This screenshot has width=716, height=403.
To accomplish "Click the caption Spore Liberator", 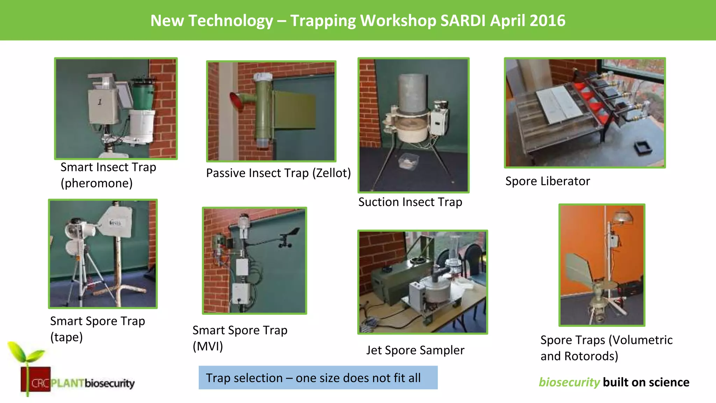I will [547, 181].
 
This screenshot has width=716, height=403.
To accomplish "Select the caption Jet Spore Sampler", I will [415, 350].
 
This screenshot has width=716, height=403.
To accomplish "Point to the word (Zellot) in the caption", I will [331, 173].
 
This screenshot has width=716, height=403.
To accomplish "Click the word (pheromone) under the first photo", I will [96, 183].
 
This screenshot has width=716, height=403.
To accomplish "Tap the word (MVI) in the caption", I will [208, 346].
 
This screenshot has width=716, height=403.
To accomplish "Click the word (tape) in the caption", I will [66, 337].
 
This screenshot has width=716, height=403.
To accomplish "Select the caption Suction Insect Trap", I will [410, 202].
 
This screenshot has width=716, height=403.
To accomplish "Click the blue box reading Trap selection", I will [318, 378].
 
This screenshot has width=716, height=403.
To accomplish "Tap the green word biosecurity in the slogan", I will [569, 382].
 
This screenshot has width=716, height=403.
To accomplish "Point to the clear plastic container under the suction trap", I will [409, 161].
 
